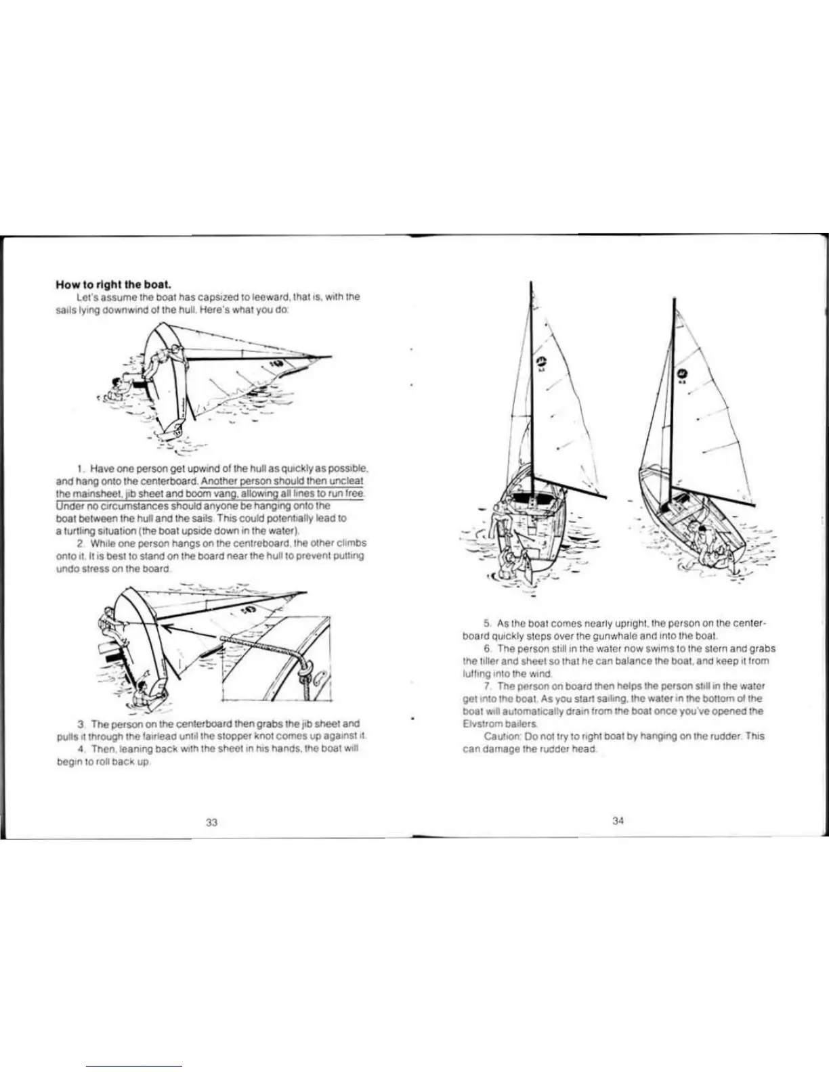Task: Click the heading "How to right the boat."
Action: (x=108, y=284)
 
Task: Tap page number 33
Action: (x=211, y=822)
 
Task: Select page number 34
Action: (x=618, y=821)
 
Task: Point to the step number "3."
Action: (x=81, y=723)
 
